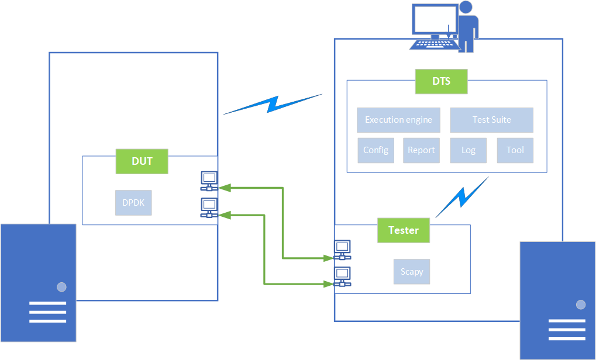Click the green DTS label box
coord(441,82)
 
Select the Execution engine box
coord(398,120)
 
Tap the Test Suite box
coord(491,120)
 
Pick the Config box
coord(375,150)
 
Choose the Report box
coord(421,150)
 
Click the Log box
coord(468,150)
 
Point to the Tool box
coord(515,150)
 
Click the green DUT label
coord(142,161)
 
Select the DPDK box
coord(133,203)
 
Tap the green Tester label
coord(404,230)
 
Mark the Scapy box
coord(412,272)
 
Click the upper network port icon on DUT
coord(209,181)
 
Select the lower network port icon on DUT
coord(209,207)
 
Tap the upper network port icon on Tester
coord(342,250)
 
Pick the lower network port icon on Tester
coord(342,276)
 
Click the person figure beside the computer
coord(467,26)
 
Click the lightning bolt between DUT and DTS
coord(273,103)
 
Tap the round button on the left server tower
coord(61,287)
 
